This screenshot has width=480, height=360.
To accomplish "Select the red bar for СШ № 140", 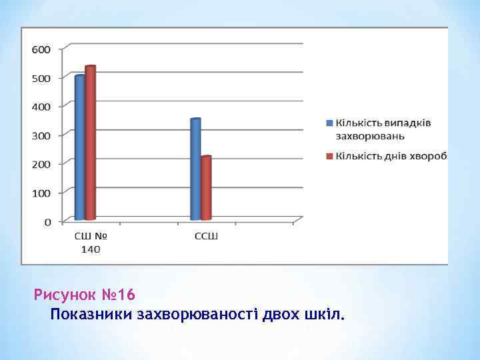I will click(91, 143).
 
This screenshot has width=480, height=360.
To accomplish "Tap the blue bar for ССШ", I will click(195, 169).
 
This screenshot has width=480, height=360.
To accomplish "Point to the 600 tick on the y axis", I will click(41, 49).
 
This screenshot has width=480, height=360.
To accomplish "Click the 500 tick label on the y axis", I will click(41, 78).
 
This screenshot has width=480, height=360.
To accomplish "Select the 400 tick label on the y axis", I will click(41, 107).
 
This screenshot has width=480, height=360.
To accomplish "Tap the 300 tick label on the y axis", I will click(41, 135).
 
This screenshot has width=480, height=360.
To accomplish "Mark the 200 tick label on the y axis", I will click(41, 164).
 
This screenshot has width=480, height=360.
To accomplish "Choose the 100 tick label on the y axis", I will click(41, 193).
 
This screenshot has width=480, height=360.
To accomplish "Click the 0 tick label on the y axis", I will click(47, 221).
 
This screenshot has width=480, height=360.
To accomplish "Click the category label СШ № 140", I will click(91, 242).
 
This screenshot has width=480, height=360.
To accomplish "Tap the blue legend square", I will click(329, 123).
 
